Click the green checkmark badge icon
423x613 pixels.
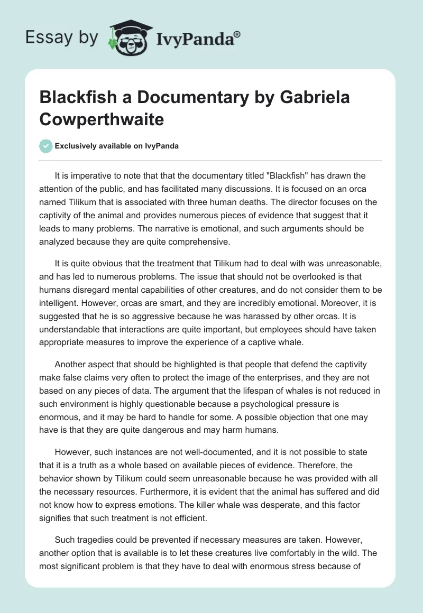[45, 146]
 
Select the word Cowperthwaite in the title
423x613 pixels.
[102, 119]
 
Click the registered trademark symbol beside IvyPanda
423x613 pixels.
[237, 33]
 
